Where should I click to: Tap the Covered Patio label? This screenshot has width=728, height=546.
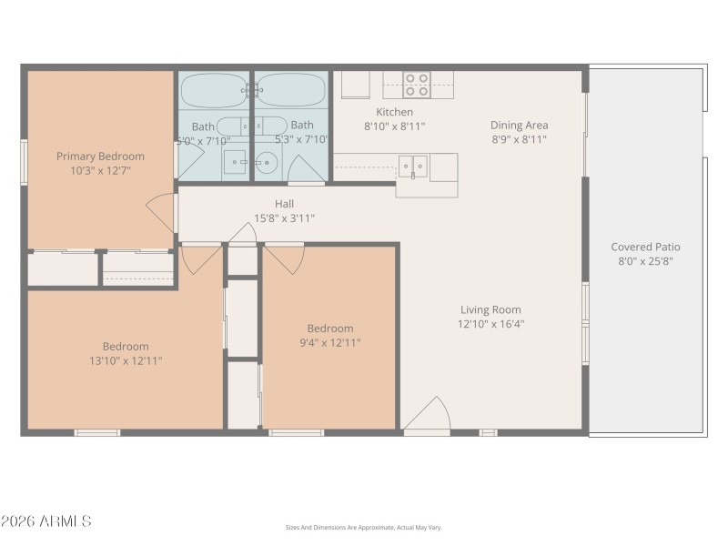click(x=645, y=247)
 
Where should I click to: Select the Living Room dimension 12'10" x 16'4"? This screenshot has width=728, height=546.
click(x=490, y=324)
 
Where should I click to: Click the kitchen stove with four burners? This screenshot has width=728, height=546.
click(x=417, y=85)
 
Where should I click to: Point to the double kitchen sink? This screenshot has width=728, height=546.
click(x=413, y=166)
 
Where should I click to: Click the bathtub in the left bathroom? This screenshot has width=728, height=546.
click(x=213, y=90)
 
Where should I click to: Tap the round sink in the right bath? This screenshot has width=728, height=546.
click(x=267, y=164)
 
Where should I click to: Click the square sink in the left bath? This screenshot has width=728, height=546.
click(x=236, y=164)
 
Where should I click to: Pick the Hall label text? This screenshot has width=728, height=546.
click(x=284, y=204)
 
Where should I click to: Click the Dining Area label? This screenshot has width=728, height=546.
click(x=519, y=126)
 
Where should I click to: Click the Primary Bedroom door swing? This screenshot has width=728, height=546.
click(x=161, y=212)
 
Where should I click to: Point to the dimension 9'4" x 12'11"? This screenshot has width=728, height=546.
click(x=329, y=342)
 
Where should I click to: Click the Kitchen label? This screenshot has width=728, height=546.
click(x=394, y=112)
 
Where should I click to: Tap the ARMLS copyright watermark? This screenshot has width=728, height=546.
click(x=45, y=521)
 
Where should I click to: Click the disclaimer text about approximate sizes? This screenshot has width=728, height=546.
click(x=363, y=528)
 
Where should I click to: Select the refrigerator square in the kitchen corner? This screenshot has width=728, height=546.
click(x=355, y=85)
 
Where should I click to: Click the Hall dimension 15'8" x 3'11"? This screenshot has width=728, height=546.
click(x=284, y=218)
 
